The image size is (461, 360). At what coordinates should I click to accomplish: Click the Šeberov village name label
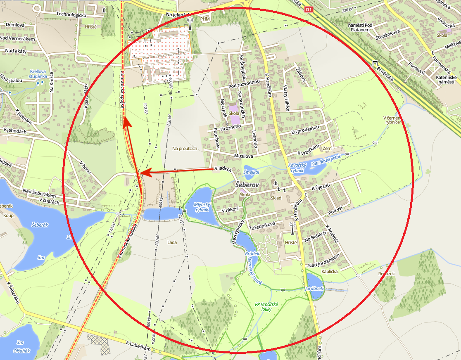247,185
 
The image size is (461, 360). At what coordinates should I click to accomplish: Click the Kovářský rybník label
297,168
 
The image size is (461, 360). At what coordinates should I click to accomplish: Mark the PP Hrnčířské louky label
266,307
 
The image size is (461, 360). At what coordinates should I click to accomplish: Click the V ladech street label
223,168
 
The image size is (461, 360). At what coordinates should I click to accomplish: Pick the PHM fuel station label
205,19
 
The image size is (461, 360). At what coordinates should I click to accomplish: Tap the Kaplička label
330,271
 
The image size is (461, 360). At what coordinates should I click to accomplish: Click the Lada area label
172,242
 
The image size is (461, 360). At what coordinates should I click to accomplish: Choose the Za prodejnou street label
306,131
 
